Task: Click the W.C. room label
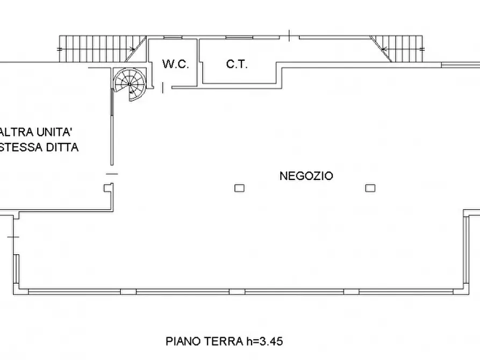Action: click(x=175, y=64)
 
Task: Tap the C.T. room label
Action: click(x=237, y=64)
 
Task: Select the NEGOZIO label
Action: click(x=306, y=176)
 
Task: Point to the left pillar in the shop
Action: click(x=239, y=188)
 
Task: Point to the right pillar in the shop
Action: click(x=369, y=188)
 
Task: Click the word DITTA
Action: click(x=63, y=147)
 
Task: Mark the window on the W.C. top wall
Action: click(x=173, y=37)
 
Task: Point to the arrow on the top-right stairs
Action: click(x=383, y=48)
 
